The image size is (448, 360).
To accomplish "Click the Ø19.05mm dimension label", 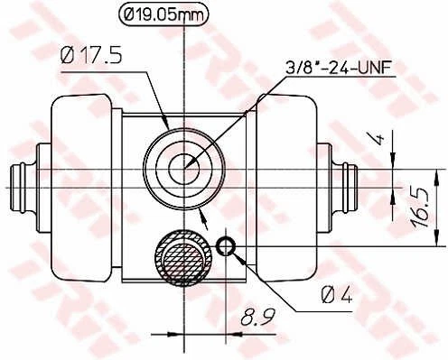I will pos(163,14).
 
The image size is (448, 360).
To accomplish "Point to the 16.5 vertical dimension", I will pos(420,208).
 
